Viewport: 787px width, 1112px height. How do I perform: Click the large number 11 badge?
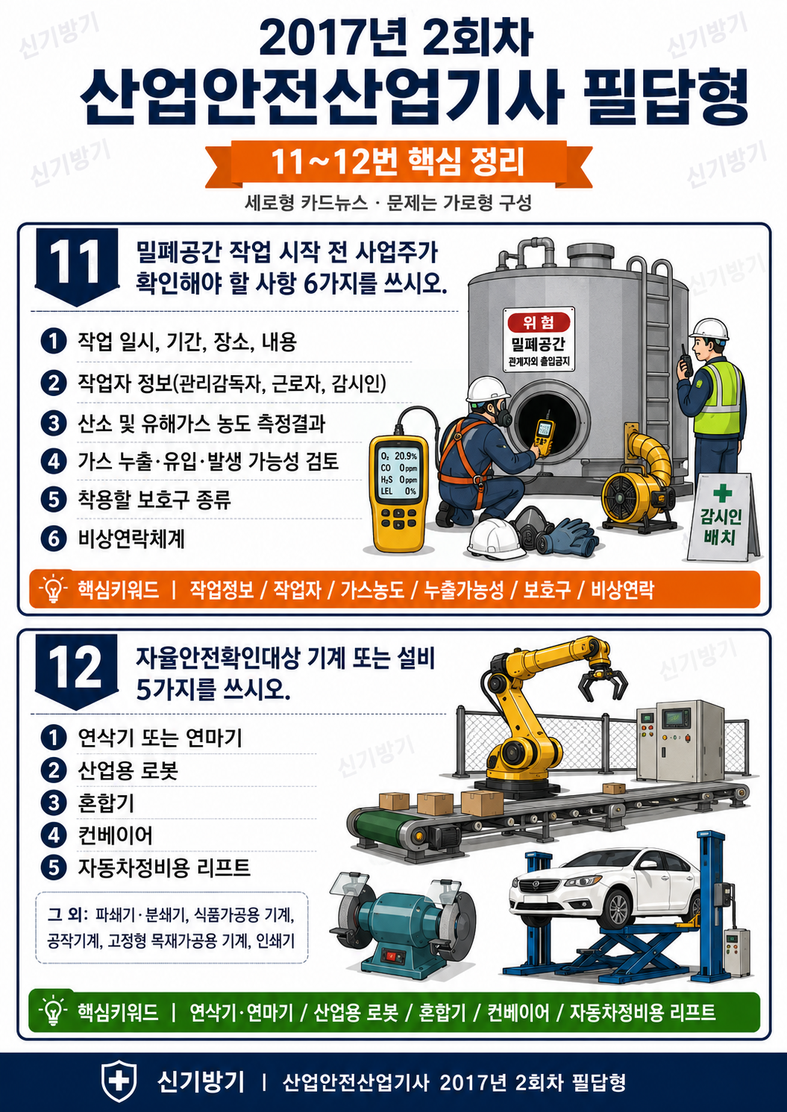coord(77,266)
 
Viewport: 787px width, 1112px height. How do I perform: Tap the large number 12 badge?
coord(77,671)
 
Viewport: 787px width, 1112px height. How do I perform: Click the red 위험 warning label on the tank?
coord(539,323)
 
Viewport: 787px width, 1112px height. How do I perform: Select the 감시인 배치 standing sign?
coord(722,518)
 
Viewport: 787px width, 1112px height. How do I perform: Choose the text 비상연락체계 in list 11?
coord(131,539)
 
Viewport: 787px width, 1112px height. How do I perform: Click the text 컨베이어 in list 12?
coord(115,835)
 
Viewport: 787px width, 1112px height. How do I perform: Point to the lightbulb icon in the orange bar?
coord(53,589)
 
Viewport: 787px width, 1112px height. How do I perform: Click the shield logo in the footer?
coord(119,1081)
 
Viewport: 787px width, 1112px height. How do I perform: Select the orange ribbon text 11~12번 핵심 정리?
coord(398,163)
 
